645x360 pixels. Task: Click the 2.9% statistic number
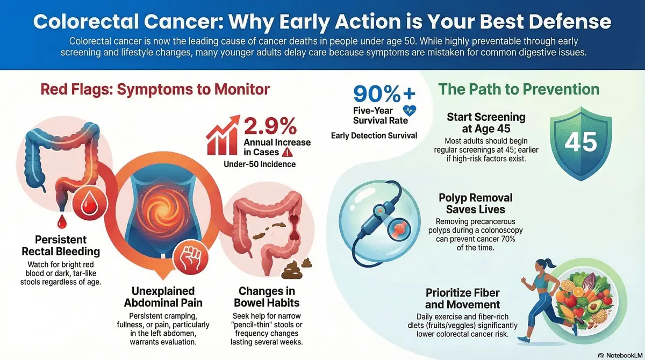tap(270, 126)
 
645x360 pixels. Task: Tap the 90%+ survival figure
tap(384, 93)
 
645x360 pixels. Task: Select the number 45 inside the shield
tap(581, 142)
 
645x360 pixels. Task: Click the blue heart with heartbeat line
tap(410, 111)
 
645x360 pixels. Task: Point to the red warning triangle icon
tap(288, 152)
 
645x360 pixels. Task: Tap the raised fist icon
tap(190, 257)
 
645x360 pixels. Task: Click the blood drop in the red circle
tap(90, 204)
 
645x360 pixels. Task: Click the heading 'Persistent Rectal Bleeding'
tap(61, 246)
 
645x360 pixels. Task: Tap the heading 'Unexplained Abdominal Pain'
tap(163, 297)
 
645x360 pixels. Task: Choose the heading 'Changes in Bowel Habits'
tap(267, 297)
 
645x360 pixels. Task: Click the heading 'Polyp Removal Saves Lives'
tap(476, 204)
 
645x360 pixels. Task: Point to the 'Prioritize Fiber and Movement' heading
tap(462, 298)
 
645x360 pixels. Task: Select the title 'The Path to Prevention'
tap(519, 89)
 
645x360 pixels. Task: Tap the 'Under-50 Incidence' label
tap(260, 164)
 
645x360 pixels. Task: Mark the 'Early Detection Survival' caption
tap(374, 136)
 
